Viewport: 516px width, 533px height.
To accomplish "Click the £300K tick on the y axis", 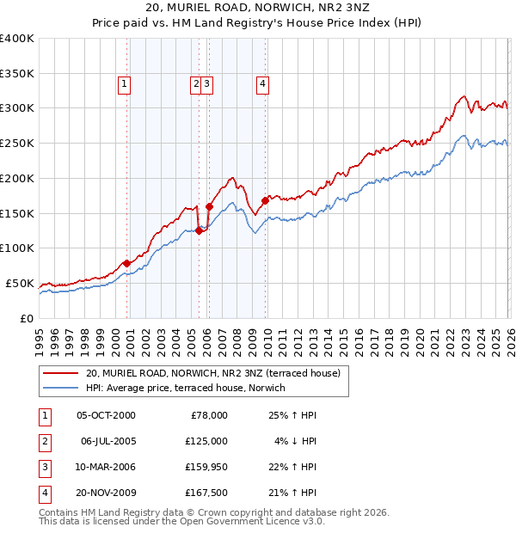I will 16,108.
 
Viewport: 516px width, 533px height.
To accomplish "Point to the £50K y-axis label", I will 19,283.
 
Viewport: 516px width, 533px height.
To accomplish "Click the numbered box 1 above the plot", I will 125,83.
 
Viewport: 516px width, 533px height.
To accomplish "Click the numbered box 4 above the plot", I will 261,83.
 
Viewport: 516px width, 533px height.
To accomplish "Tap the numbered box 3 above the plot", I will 208,83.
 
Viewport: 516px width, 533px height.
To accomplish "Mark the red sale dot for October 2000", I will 127,263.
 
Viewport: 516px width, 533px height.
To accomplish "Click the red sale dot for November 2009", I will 265,200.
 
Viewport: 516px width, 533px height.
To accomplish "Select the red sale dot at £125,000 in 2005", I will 199,230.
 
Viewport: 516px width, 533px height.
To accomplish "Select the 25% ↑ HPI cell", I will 292,414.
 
